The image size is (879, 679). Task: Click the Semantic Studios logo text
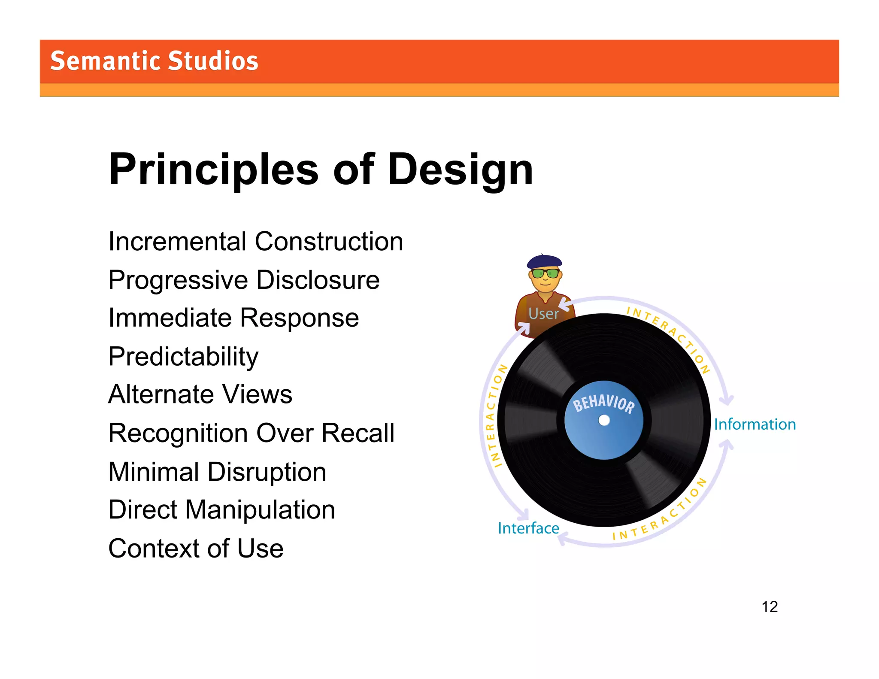(154, 61)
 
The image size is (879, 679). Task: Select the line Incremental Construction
(255, 241)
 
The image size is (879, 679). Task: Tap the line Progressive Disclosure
(244, 280)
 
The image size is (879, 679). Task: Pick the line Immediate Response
(233, 318)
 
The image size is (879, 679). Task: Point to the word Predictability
(183, 356)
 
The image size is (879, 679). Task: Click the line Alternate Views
(200, 394)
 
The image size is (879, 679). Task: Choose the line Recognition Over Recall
(251, 433)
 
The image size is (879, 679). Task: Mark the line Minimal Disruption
(217, 472)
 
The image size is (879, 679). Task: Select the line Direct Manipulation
(221, 510)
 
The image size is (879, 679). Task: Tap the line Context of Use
(196, 549)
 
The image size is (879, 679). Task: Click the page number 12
(770, 606)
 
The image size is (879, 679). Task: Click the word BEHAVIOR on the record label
(603, 403)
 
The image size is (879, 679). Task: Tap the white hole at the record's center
(604, 420)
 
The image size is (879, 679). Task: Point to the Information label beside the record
(755, 424)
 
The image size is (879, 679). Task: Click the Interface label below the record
(528, 528)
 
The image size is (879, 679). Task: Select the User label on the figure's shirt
(543, 314)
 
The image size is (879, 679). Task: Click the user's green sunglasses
(545, 273)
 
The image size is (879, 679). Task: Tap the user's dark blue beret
(544, 261)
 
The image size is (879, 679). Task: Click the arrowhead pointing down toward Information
(726, 401)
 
